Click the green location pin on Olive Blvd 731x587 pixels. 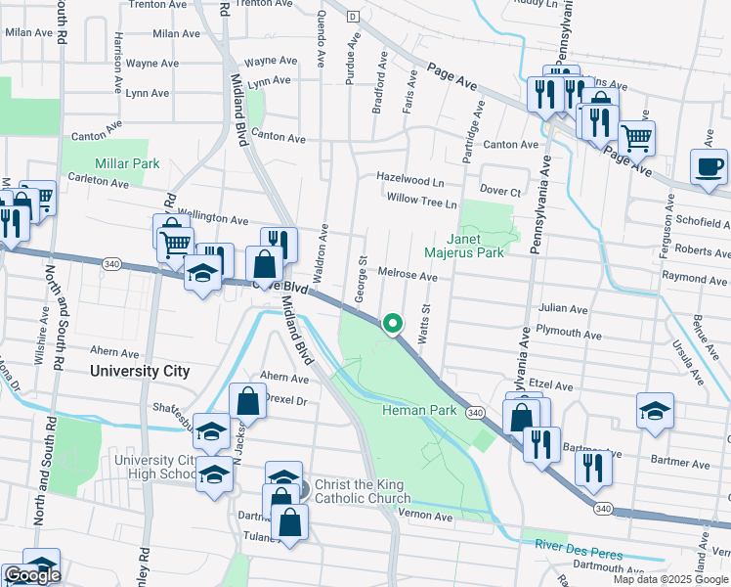pyautogui.click(x=393, y=323)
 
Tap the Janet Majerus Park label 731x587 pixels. pyautogui.click(x=475, y=246)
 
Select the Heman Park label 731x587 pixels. pyautogui.click(x=418, y=410)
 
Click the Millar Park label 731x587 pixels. pyautogui.click(x=119, y=163)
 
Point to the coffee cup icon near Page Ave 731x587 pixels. pyautogui.click(x=709, y=166)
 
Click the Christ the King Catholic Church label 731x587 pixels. pyautogui.click(x=363, y=494)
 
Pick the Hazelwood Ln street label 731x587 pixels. pyautogui.click(x=411, y=180)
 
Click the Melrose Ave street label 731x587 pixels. pyautogui.click(x=408, y=277)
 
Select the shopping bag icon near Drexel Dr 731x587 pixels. pyautogui.click(x=248, y=400)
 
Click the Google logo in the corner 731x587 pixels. pyautogui.click(x=31, y=575)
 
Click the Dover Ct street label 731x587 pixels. pyautogui.click(x=500, y=192)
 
